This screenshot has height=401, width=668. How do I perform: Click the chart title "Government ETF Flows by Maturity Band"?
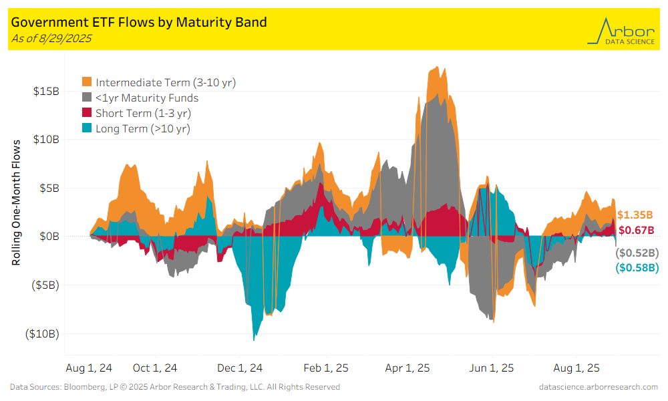point(139,22)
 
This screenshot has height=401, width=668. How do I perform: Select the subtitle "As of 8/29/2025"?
point(51,38)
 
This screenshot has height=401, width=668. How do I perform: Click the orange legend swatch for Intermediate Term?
point(87,83)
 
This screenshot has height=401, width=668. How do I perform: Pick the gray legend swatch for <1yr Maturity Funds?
point(87,98)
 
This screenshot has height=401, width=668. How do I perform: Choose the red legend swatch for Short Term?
point(87,113)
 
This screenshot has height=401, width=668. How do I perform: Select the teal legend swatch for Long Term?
point(87,128)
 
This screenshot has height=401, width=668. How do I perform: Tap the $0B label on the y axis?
point(49,237)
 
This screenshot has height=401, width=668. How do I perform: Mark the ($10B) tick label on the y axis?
point(41,333)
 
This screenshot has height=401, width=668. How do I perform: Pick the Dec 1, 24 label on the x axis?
point(240,368)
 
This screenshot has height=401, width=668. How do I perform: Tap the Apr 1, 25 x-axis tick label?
point(407,368)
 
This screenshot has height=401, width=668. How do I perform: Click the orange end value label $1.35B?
point(635,215)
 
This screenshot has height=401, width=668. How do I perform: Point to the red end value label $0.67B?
point(635,231)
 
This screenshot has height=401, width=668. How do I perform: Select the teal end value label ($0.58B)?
point(637,268)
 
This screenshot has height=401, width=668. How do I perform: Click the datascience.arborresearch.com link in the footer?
point(598,387)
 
